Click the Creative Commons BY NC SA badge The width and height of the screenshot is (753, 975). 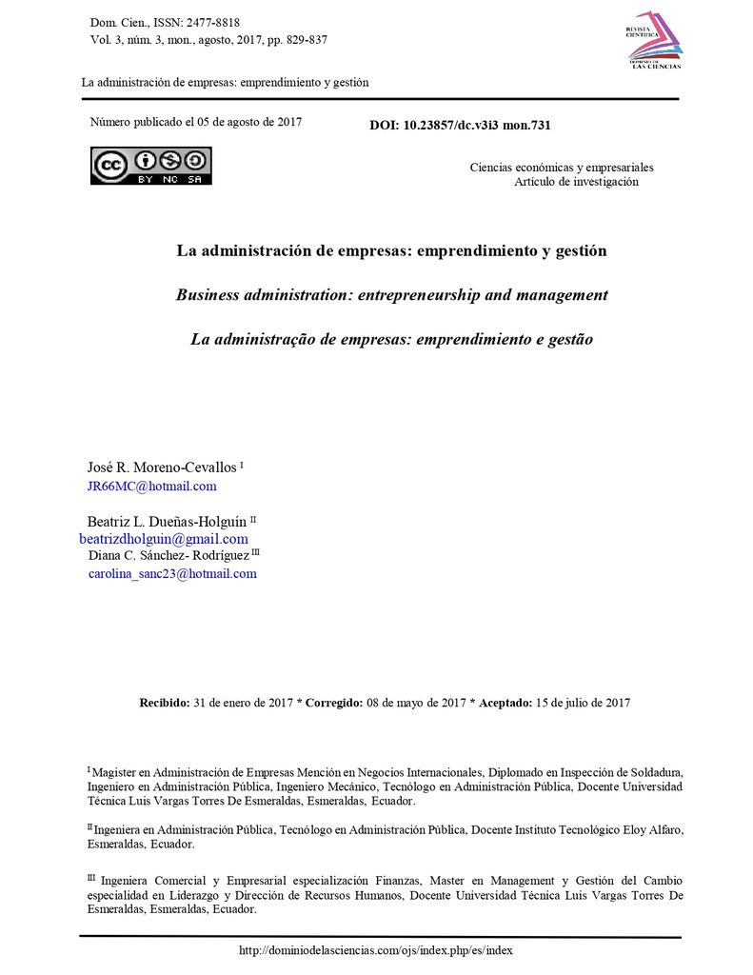click(x=151, y=166)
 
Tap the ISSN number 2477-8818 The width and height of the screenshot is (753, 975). click(x=215, y=22)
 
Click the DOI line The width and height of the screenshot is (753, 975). click(x=460, y=125)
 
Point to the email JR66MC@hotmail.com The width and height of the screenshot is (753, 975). click(x=152, y=486)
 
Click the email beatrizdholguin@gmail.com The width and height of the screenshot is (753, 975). click(x=163, y=538)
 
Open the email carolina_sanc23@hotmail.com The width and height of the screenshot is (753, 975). click(x=172, y=573)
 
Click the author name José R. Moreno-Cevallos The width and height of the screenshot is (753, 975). click(x=163, y=467)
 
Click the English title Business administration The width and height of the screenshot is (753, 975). click(x=391, y=295)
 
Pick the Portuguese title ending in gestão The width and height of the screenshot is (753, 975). click(x=391, y=339)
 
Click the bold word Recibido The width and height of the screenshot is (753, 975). click(x=165, y=703)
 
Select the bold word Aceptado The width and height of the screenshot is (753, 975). click(x=505, y=703)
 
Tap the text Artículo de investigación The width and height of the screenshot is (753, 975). click(x=576, y=182)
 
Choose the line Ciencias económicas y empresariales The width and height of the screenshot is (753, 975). click(x=562, y=168)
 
